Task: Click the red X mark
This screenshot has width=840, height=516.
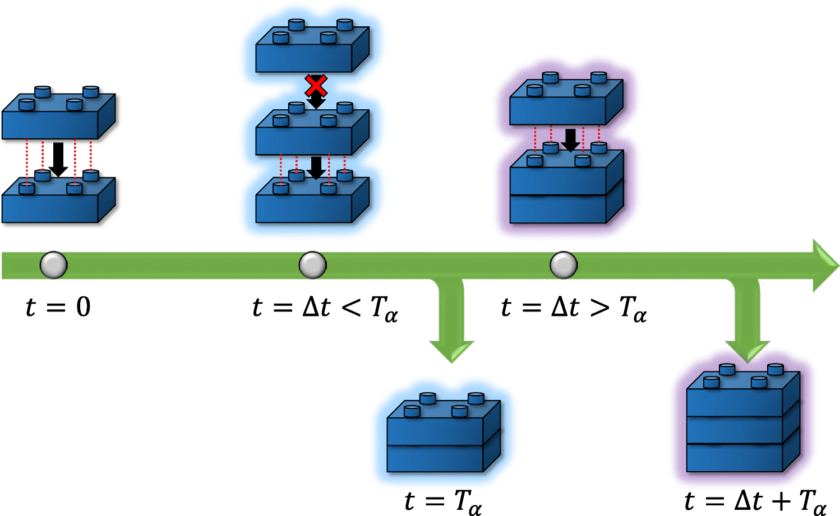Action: click(316, 86)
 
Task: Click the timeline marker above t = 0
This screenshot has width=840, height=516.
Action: click(54, 265)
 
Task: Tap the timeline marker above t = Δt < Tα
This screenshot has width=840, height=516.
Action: click(312, 265)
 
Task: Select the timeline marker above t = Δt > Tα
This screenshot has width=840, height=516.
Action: click(564, 265)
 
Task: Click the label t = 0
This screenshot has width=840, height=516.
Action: click(58, 307)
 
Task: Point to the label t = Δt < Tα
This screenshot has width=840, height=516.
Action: click(325, 308)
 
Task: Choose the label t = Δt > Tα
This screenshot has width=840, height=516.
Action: click(574, 308)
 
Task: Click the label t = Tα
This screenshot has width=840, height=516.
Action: click(443, 500)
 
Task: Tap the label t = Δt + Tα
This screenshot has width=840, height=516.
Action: click(755, 500)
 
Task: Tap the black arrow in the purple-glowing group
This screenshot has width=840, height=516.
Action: click(570, 140)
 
